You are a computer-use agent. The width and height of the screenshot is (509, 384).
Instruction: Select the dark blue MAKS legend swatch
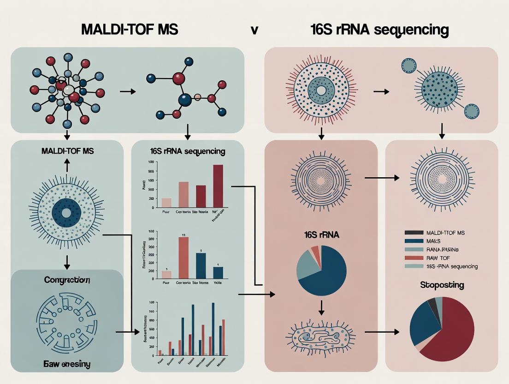(414, 241)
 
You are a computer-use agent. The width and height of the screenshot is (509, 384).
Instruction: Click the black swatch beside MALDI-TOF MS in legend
(414, 233)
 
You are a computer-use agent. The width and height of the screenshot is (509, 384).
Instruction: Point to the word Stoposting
(442, 285)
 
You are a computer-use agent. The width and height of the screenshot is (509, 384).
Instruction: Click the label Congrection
(66, 280)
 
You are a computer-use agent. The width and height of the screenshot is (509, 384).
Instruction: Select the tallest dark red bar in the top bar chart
(218, 186)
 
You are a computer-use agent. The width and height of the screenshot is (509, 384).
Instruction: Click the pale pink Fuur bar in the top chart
(166, 203)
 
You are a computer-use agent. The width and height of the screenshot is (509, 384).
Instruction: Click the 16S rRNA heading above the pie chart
(321, 234)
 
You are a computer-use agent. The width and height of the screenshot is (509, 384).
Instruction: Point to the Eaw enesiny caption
(66, 364)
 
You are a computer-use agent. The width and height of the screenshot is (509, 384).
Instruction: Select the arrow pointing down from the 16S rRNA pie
(321, 306)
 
